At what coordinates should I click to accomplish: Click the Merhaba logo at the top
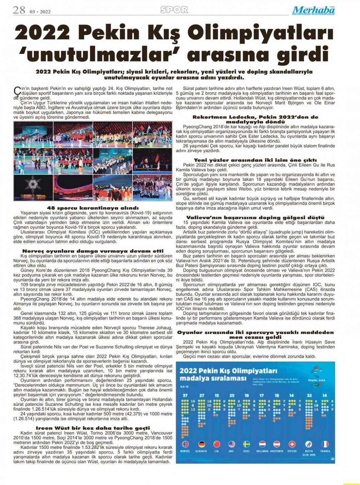coord(313,11)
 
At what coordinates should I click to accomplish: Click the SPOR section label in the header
coord(174,10)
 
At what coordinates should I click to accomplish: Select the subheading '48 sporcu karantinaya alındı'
coord(92,208)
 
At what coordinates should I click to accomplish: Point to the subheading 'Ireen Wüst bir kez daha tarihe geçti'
coord(93,428)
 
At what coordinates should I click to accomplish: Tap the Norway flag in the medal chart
coord(185,444)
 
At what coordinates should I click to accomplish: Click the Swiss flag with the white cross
coord(292,444)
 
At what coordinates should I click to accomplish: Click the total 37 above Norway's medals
coord(185,396)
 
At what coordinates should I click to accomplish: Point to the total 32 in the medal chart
coord(309,396)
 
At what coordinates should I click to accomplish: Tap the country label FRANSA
coord(325,451)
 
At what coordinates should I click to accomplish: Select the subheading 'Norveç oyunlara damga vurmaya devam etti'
coord(92,251)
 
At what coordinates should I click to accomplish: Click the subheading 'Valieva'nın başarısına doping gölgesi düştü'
coord(255,217)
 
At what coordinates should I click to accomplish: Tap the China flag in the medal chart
coord(216,444)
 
